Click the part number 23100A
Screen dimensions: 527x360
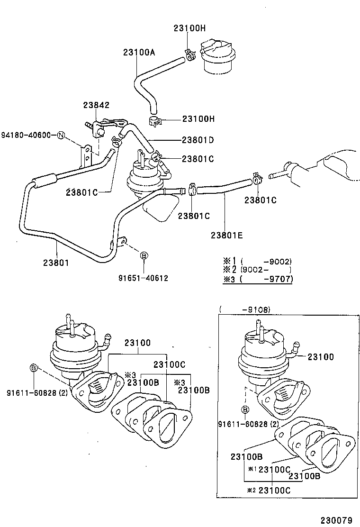tap(139, 52)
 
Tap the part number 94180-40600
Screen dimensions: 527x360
tap(26, 135)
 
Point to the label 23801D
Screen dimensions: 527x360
tap(198, 140)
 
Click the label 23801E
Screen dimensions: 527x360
tap(227, 234)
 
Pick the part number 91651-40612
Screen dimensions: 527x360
tap(144, 278)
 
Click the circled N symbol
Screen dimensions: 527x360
tap(61, 136)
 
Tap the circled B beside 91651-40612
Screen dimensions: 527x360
tap(144, 255)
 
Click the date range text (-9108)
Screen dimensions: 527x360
tap(245, 309)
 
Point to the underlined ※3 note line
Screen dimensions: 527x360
tap(258, 279)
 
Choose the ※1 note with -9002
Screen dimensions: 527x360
tap(258, 261)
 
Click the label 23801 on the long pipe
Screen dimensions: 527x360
tap(56, 262)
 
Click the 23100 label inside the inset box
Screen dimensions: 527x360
tap(321, 357)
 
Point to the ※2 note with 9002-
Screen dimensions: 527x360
tap(258, 270)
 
